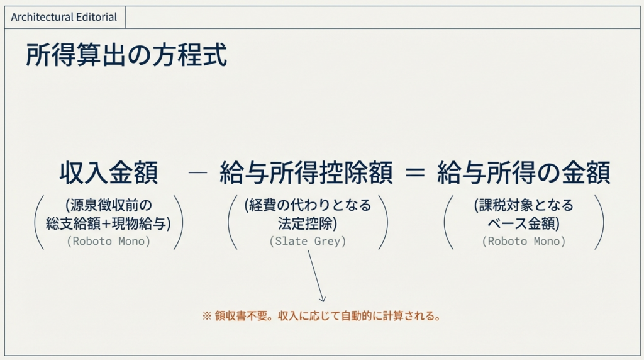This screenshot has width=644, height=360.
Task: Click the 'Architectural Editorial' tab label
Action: tap(64, 17)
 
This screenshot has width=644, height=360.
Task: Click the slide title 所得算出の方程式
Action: tap(126, 55)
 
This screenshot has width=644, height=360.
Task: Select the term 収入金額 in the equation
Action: tap(109, 172)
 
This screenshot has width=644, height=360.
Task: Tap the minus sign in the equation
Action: tap(197, 172)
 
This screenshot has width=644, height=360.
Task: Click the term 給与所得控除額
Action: tap(306, 172)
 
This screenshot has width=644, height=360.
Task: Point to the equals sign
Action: tap(415, 172)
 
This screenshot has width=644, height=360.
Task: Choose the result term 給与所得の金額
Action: tap(524, 172)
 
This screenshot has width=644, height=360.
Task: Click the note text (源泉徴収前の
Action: tap(108, 205)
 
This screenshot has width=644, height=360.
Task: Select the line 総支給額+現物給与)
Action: tap(108, 223)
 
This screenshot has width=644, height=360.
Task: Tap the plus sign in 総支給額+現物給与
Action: tap(106, 224)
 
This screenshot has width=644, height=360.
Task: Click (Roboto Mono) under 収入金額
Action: tap(108, 241)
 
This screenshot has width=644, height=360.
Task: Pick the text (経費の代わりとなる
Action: tap(308, 205)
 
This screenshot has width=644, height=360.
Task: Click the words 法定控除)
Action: tap(308, 223)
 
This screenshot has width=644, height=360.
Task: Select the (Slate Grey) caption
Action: tap(308, 241)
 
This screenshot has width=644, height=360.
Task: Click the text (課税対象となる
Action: tap(524, 205)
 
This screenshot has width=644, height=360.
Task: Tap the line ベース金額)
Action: tap(524, 223)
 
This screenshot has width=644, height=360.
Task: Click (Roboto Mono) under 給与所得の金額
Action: tap(524, 241)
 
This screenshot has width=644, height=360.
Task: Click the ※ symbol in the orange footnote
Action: tap(206, 316)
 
